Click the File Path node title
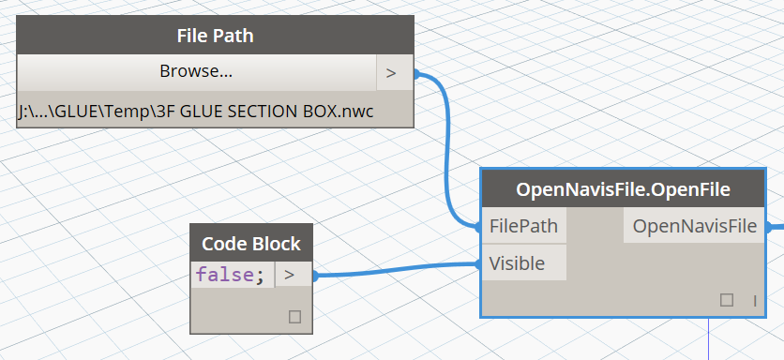[215, 37]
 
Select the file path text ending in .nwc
[195, 111]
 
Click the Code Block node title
[250, 244]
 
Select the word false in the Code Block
[222, 276]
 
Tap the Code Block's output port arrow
[290, 275]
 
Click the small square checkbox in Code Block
[294, 317]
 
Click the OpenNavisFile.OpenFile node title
[624, 189]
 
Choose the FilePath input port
[523, 226]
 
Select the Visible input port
[517, 263]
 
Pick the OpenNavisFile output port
[694, 226]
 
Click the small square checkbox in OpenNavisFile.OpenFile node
[726, 300]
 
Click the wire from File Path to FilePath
[445, 150]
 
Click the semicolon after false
[258, 276]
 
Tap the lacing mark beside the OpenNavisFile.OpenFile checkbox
[754, 300]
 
